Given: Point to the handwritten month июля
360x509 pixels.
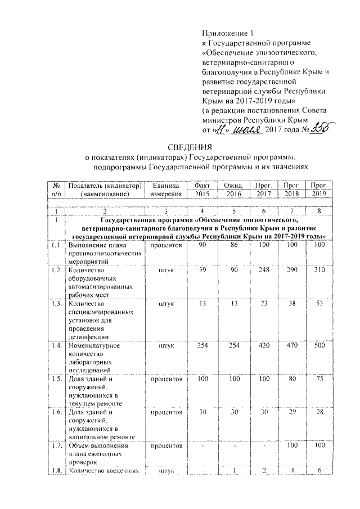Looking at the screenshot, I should tap(245, 130).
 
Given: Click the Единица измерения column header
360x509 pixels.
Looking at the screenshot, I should tap(164, 190).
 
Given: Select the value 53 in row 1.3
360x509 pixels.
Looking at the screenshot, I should tap(319, 304).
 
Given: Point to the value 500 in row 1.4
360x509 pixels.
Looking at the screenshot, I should tap(319, 345).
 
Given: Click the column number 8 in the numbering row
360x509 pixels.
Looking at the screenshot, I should tap(319, 210).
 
